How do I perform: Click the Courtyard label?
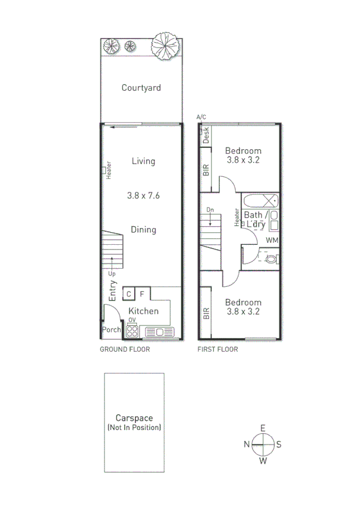tap(141, 88)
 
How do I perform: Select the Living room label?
tap(144, 161)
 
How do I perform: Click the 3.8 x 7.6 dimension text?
tap(144, 195)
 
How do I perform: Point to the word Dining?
tap(144, 230)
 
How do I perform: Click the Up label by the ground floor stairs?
tap(112, 274)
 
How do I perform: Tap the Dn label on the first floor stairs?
tap(210, 209)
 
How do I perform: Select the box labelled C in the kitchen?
tap(129, 294)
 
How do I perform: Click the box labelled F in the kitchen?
tap(142, 294)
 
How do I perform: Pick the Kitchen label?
tap(144, 311)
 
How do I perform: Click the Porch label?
tap(111, 330)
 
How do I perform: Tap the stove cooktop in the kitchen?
tap(132, 331)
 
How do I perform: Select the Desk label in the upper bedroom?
tap(206, 135)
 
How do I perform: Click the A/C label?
tap(201, 117)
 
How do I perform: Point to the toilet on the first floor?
tap(271, 259)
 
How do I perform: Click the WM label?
tap(272, 241)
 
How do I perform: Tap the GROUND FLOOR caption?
tap(125, 349)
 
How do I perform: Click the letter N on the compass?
tap(246, 444)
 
